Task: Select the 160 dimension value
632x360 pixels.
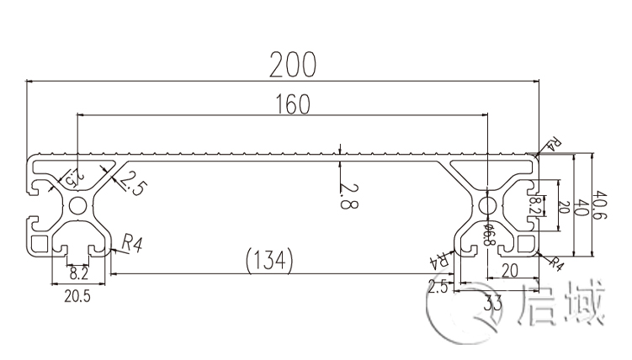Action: click(x=292, y=104)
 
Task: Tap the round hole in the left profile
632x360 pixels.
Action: click(x=77, y=206)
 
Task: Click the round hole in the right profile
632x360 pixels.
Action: click(x=487, y=206)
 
